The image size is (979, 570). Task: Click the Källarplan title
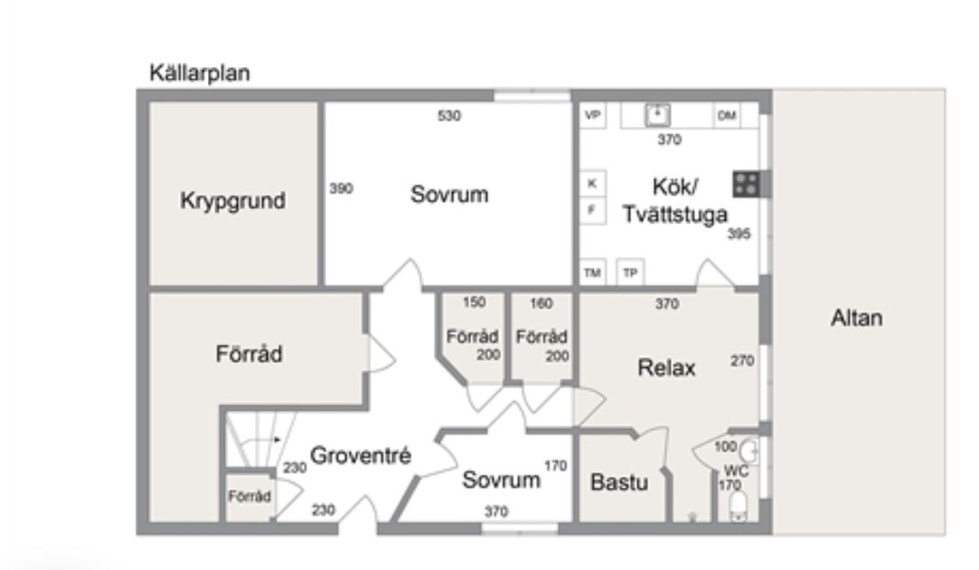[200, 73]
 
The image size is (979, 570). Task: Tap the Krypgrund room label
[233, 201]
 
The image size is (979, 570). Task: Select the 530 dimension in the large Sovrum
[449, 116]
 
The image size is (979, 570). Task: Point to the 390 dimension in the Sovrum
[341, 188]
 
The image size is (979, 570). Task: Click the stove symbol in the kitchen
[747, 185]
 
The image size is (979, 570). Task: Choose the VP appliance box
[592, 116]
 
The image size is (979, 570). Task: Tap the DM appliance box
[727, 116]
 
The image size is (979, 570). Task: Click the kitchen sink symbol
[657, 115]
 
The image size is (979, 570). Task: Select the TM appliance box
[592, 272]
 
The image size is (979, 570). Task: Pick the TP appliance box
[630, 272]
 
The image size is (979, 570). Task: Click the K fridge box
[592, 183]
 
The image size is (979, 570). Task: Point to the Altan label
[857, 318]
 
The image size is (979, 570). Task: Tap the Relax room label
[666, 367]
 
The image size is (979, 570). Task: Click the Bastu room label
[618, 482]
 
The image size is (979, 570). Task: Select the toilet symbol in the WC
[738, 506]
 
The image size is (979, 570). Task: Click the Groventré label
[361, 456]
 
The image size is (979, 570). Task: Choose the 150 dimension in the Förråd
[474, 302]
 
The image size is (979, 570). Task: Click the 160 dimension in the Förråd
[541, 304]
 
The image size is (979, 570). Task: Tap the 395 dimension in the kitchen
[739, 233]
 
